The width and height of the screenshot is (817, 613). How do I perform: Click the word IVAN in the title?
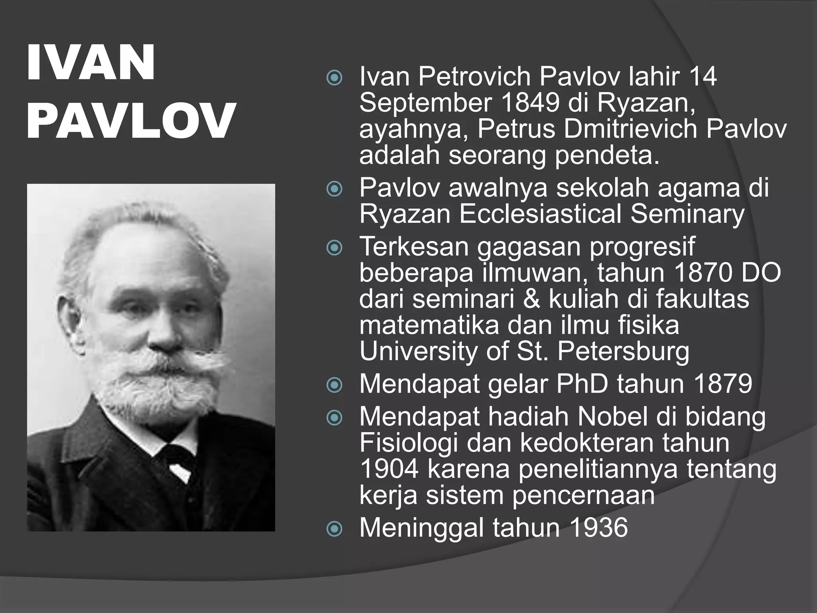click(91, 63)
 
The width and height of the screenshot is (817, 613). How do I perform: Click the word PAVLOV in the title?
click(131, 121)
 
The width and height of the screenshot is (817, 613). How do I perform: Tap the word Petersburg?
click(623, 352)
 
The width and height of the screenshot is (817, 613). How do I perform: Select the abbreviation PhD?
click(582, 384)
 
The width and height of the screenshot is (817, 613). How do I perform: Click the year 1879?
click(723, 384)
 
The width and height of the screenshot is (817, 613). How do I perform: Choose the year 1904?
click(389, 469)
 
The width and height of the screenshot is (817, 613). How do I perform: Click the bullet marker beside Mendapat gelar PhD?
click(334, 385)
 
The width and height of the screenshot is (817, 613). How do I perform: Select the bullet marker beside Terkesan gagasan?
click(334, 248)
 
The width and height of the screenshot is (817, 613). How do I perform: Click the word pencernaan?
click(583, 495)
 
